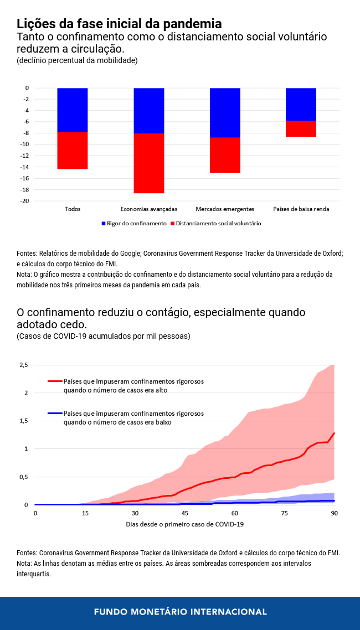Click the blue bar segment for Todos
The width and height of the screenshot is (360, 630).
click(73, 110)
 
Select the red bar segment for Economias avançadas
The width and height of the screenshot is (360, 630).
click(149, 163)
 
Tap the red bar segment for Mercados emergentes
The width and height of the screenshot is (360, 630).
click(225, 155)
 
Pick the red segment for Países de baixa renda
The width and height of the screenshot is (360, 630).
click(301, 128)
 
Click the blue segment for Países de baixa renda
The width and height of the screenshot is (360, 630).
click(301, 104)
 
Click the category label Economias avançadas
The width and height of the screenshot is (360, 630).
click(149, 209)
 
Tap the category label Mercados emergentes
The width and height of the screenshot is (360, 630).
click(225, 209)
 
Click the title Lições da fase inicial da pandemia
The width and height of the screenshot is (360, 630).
click(119, 24)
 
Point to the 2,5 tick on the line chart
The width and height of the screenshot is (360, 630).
click(23, 365)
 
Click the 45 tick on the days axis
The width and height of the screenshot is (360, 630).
click(185, 513)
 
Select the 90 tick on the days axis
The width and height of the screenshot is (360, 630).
click(335, 513)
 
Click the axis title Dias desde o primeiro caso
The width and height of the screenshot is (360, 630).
click(185, 524)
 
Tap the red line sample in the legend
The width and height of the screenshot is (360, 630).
click(55, 381)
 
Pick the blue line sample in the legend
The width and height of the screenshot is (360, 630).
click(55, 414)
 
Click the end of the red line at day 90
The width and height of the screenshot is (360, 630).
click(335, 433)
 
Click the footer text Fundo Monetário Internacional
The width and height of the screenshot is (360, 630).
click(180, 612)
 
